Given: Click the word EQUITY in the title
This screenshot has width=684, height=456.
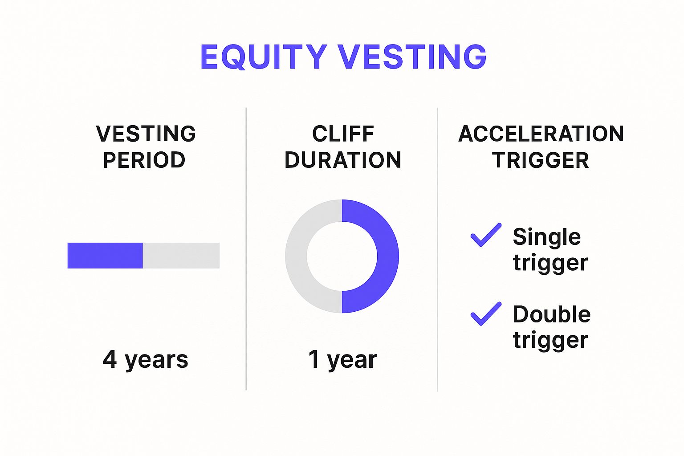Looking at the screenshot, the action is click(x=264, y=57).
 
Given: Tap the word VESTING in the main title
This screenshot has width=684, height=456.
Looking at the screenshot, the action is click(x=413, y=57).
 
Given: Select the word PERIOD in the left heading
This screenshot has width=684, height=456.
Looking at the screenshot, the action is click(x=144, y=160).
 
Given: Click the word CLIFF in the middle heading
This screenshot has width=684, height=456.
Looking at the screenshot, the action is click(x=343, y=134).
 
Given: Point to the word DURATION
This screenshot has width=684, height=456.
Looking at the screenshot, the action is click(x=342, y=160).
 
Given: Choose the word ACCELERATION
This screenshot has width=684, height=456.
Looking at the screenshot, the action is click(x=541, y=134).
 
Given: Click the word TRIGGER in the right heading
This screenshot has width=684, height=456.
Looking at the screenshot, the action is click(x=541, y=160).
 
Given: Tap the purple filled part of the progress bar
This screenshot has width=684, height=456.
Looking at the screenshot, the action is click(x=105, y=256).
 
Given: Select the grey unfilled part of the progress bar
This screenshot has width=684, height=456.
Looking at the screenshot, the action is click(x=181, y=256).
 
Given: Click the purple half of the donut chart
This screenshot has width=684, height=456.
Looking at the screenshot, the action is click(x=388, y=256).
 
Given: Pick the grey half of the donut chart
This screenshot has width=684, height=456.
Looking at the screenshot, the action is click(x=296, y=256).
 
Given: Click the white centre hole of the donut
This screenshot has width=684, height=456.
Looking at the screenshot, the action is click(x=342, y=256).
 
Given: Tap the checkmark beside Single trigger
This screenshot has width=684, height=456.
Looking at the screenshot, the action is click(x=486, y=235).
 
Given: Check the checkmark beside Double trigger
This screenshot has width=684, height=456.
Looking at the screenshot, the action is click(x=486, y=313).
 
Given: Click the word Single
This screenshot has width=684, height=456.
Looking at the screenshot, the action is click(x=546, y=238).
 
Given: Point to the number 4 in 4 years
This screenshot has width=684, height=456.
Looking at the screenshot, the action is click(x=110, y=359).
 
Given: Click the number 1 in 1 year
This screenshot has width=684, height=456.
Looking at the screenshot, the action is click(x=314, y=359).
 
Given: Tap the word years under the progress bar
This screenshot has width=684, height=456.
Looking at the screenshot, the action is click(x=157, y=361).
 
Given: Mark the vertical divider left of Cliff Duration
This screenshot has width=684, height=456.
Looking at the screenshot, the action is click(x=246, y=249).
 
